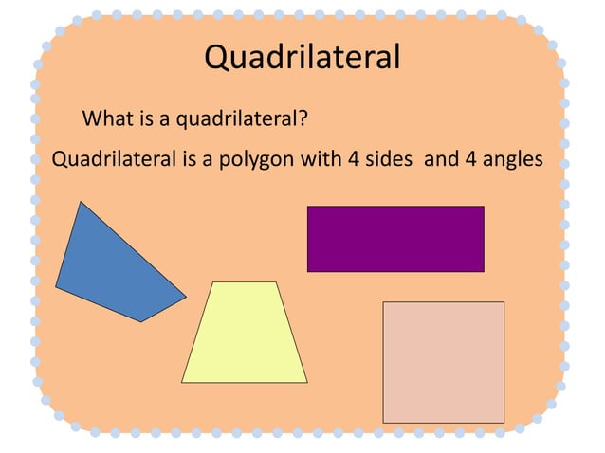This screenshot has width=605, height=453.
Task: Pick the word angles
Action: coord(511,159)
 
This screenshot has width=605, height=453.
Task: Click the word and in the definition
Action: coord(440,158)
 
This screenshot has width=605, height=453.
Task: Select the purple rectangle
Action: coord(395,239)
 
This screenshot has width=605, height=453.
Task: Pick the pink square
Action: coord(443,362)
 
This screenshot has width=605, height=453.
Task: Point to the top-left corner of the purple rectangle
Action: coord(308,207)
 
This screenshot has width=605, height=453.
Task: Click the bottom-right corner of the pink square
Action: coord(504,422)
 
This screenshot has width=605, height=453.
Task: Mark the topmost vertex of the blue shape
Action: coord(82,202)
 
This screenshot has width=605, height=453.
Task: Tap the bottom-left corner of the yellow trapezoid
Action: coord(182,382)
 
